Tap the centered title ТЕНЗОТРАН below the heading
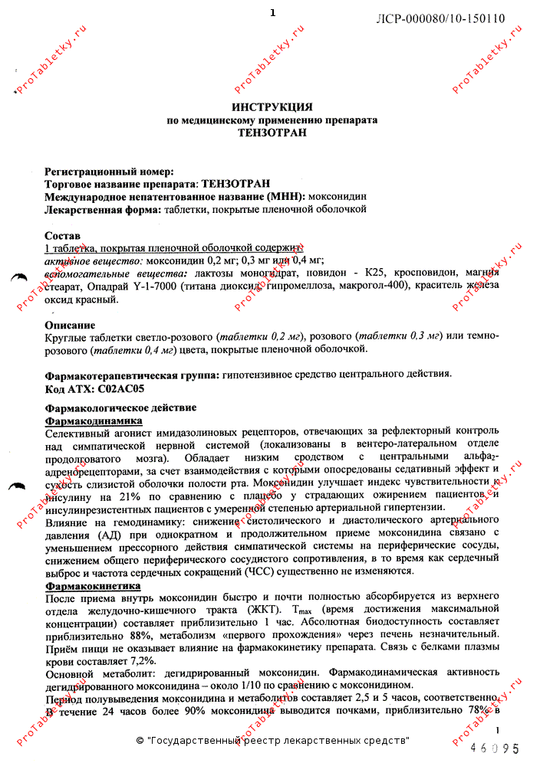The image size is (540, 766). pyautogui.click(x=272, y=133)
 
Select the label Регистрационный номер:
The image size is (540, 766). pyautogui.click(x=110, y=172)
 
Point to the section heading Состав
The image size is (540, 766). pyautogui.click(x=63, y=236)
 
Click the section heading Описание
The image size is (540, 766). pyautogui.click(x=70, y=325)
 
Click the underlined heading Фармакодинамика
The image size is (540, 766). pyautogui.click(x=94, y=421)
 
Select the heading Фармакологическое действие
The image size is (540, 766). pyautogui.click(x=120, y=408)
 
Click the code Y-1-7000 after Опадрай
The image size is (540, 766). pyautogui.click(x=158, y=286)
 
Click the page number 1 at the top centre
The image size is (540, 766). pyautogui.click(x=272, y=13)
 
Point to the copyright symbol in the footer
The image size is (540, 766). pyautogui.click(x=140, y=741)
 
